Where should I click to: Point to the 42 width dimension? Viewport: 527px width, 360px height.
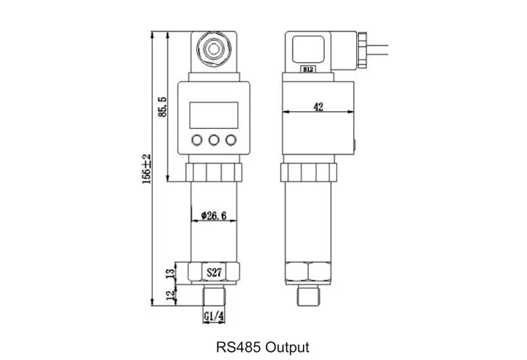318,107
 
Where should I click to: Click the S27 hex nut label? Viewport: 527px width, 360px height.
215,271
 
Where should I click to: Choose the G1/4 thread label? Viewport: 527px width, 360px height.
213,317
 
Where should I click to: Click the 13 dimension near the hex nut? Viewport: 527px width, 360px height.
171,271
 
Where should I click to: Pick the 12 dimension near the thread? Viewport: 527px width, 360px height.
171,296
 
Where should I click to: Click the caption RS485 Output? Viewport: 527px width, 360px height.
262,346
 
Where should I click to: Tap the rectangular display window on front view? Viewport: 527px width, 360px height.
214,114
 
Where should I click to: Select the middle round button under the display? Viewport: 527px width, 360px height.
214,140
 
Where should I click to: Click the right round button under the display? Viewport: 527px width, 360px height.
231,140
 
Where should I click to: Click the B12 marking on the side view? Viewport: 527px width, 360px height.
308,68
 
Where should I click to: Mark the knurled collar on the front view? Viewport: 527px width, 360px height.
214,172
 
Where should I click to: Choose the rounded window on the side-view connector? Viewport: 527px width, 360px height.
308,47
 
